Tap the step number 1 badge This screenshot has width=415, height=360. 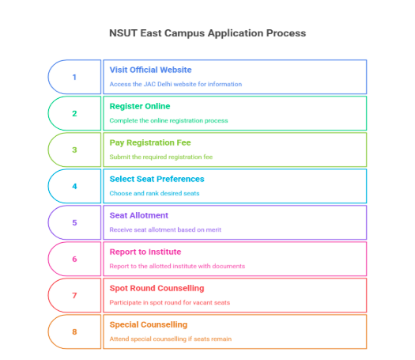[74, 77]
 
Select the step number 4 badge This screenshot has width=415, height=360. [74, 186]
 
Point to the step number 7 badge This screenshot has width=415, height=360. [74, 295]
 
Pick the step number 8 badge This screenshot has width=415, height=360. [74, 332]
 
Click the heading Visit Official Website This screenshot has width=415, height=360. [151, 70]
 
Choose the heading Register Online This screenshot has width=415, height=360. [140, 106]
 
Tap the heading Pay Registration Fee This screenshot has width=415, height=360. [150, 142]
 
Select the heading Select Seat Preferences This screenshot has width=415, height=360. [157, 179]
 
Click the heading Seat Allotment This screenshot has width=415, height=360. [139, 215]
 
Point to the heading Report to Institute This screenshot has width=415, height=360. [145, 252]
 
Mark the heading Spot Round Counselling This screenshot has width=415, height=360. [157, 288]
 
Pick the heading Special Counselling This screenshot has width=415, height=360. [149, 324]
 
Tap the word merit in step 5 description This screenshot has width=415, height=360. [213, 229]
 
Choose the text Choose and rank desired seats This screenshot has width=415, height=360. [155, 193]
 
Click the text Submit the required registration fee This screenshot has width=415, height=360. [161, 157]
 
